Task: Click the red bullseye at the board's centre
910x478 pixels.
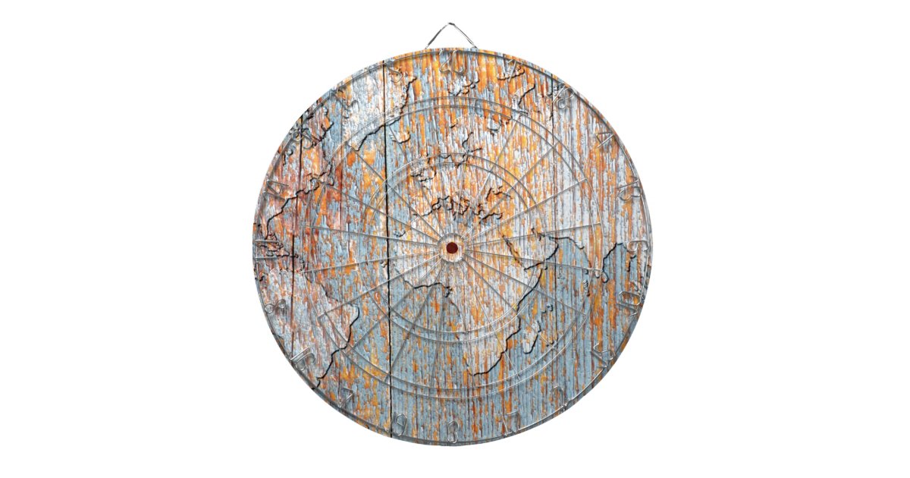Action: (x=452, y=247)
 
